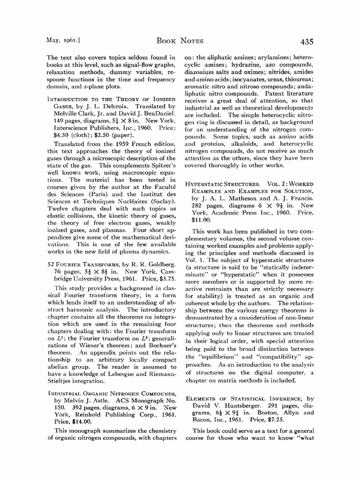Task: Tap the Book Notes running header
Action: [180, 42]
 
